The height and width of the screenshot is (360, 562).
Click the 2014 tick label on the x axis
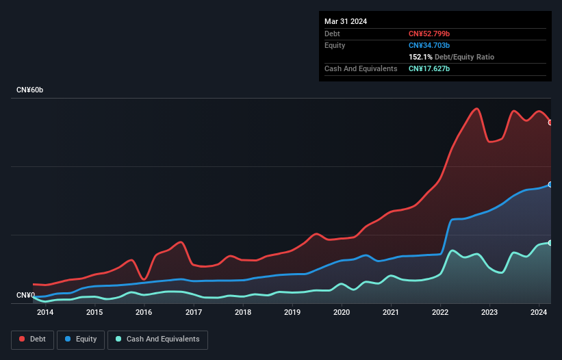[45, 313]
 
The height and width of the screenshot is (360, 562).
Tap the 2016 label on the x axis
[144, 313]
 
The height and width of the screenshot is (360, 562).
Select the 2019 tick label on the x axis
[292, 313]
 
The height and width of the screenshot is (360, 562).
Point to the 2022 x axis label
[440, 313]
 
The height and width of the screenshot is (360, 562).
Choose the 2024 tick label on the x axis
[539, 313]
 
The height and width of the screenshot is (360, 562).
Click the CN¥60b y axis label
[30, 90]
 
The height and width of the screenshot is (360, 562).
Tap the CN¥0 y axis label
[25, 296]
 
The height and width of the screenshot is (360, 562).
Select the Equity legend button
[81, 339]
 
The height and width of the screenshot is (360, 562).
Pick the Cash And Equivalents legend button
[157, 339]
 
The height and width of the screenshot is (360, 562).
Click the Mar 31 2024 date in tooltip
[346, 21]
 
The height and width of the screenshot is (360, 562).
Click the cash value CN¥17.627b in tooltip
[429, 68]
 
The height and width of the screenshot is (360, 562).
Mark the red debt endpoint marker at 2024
[550, 123]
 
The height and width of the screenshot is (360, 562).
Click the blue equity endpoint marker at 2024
[550, 185]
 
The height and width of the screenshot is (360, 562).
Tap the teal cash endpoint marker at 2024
[550, 243]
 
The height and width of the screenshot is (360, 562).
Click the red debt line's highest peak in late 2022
[476, 109]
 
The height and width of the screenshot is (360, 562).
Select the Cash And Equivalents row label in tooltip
[361, 68]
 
